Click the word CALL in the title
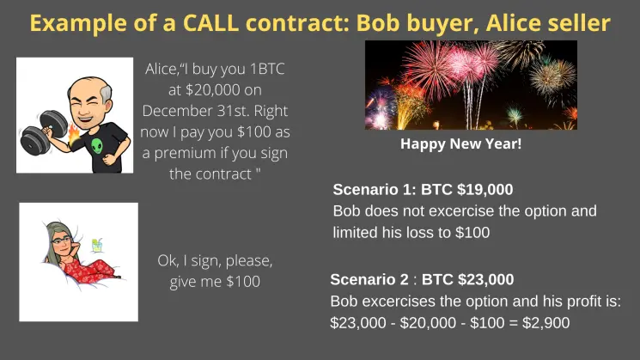tap(210, 23)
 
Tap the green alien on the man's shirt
tap(97, 146)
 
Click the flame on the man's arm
tap(74, 135)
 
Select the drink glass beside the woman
tap(97, 245)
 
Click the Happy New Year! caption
tap(460, 143)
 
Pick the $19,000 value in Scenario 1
tap(485, 189)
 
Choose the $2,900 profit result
tap(546, 323)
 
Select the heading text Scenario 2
tap(369, 279)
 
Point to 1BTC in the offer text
tap(266, 69)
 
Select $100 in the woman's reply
tap(243, 282)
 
